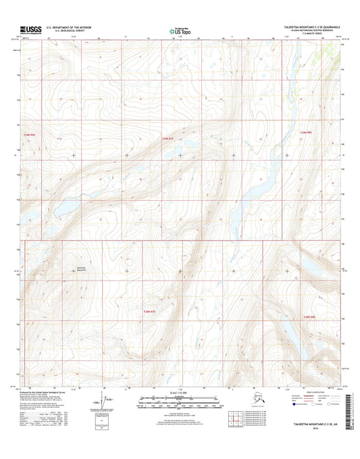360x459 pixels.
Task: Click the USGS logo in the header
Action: (30, 29)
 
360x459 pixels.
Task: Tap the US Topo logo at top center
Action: (179, 30)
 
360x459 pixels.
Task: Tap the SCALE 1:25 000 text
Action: (180, 394)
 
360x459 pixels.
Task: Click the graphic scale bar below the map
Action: (180, 400)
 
